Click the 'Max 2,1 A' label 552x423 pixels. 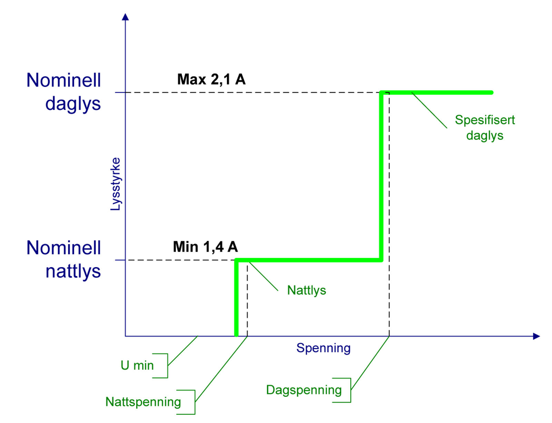pyautogui.click(x=211, y=79)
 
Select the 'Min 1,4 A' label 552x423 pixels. pyautogui.click(x=205, y=246)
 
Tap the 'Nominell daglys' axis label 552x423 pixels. pyautogui.click(x=63, y=92)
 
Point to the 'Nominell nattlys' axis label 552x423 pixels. pyautogui.click(x=63, y=259)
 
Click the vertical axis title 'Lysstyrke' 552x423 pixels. pyautogui.click(x=116, y=184)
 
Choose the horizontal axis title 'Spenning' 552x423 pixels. pyautogui.click(x=323, y=348)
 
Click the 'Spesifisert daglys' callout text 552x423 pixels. pyautogui.click(x=485, y=128)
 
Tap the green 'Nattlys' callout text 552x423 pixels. pyautogui.click(x=306, y=290)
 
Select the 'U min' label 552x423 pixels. pyautogui.click(x=137, y=365)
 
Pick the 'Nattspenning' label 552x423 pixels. pyautogui.click(x=143, y=402)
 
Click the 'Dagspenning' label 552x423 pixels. pyautogui.click(x=304, y=390)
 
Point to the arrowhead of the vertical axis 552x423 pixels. pyautogui.click(x=125, y=17)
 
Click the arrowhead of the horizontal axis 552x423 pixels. pyautogui.click(x=536, y=336)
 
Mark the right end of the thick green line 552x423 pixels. pyautogui.click(x=492, y=93)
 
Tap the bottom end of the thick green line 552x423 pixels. pyautogui.click(x=236, y=335)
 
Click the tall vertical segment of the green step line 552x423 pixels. pyautogui.click(x=381, y=177)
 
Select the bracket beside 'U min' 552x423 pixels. pyautogui.click(x=168, y=366)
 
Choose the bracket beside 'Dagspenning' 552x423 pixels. pyautogui.click(x=351, y=390)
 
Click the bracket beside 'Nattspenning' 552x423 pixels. pyautogui.click(x=195, y=402)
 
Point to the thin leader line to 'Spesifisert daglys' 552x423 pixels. pyautogui.click(x=429, y=110)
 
